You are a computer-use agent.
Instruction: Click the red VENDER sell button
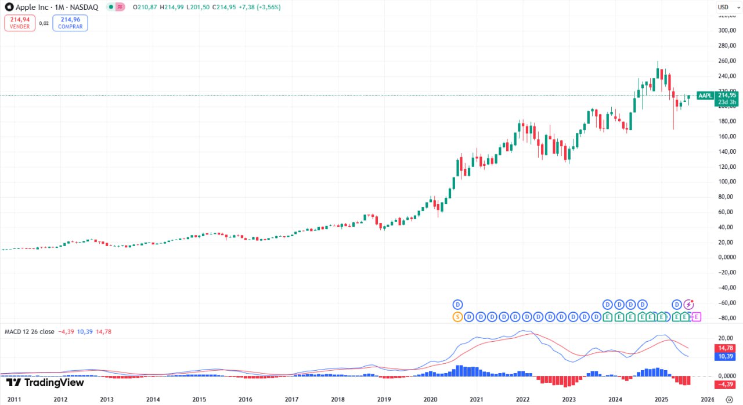[19, 23]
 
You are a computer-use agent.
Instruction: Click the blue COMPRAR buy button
[70, 23]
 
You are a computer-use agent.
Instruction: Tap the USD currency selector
[723, 7]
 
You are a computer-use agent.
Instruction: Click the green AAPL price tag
[705, 96]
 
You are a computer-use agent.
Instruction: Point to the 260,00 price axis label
[726, 61]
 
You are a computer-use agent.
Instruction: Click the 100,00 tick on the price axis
[726, 182]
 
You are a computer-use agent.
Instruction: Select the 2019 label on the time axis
[384, 399]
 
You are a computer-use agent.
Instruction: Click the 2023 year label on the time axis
[569, 399]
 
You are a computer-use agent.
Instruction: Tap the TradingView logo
[45, 382]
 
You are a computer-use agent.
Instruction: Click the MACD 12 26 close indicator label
[30, 332]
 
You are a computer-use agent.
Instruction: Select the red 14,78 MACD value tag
[727, 348]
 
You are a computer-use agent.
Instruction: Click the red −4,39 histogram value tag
[727, 384]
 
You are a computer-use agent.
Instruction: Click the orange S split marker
[457, 317]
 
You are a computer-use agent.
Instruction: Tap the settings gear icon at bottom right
[729, 399]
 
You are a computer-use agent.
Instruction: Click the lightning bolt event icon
[689, 304]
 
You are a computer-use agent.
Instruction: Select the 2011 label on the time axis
[14, 399]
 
